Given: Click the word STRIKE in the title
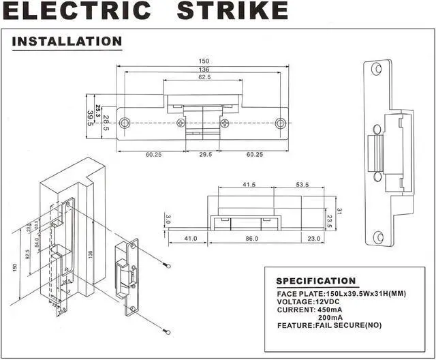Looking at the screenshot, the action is click(x=232, y=12).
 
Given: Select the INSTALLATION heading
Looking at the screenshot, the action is click(x=67, y=41).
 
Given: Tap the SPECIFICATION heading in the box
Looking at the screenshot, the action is click(x=315, y=281).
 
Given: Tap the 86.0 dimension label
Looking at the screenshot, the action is click(x=251, y=239).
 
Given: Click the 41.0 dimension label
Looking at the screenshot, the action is click(x=191, y=239).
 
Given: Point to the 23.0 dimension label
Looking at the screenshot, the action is click(x=314, y=239).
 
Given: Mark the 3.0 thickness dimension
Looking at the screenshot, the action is click(x=168, y=220).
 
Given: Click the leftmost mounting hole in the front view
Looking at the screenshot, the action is click(x=125, y=123).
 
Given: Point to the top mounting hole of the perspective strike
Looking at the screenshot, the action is click(x=377, y=69).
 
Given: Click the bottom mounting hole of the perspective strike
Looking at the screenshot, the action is click(x=379, y=237).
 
